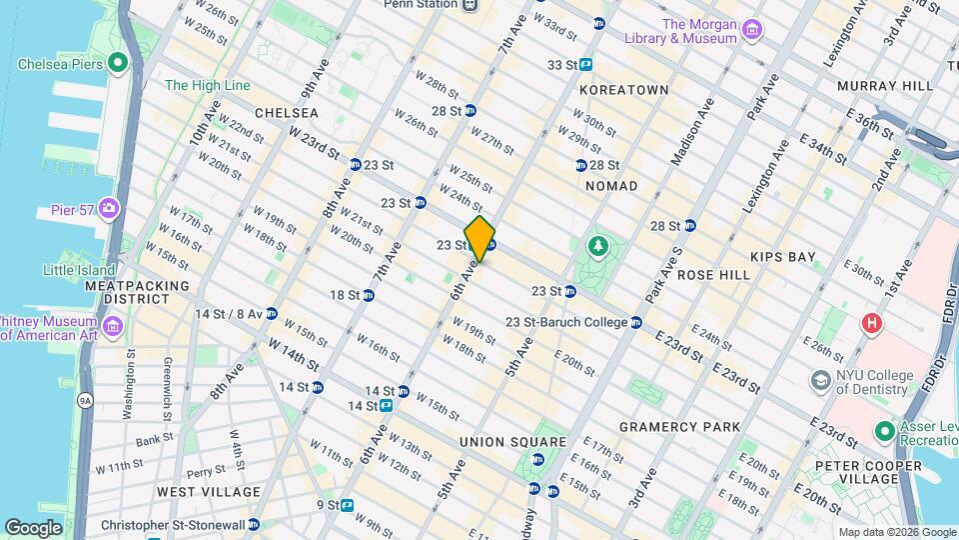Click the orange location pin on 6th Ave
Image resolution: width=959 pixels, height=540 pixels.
(479, 238)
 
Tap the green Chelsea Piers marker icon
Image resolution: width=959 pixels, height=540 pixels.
(119, 64)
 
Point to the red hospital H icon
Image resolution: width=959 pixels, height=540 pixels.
(872, 324)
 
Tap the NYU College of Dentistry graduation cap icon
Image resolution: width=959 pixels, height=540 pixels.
(820, 381)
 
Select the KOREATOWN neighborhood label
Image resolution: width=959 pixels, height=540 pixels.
(622, 90)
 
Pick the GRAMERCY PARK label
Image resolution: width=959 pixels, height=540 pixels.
(679, 427)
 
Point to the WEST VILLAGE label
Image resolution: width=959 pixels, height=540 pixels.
(209, 492)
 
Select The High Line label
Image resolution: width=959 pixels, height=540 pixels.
(207, 86)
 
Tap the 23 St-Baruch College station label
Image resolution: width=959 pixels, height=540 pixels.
(567, 322)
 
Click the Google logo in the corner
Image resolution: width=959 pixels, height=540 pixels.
(33, 527)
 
